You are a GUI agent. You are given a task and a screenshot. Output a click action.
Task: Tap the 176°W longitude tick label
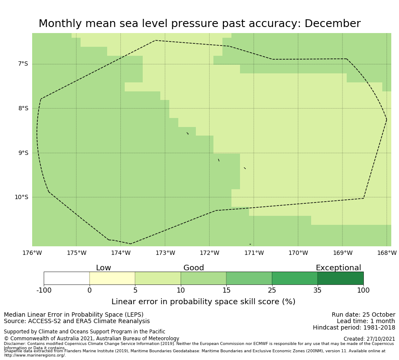[32, 253]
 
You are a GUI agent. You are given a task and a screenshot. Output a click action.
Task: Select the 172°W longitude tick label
[210, 253]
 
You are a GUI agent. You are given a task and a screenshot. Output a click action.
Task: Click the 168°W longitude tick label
[387, 253]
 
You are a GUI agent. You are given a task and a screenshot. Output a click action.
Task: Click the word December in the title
[333, 24]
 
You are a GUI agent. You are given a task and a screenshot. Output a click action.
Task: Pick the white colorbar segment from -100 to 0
[66, 278]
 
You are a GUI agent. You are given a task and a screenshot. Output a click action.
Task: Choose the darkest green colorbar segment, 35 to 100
[340, 278]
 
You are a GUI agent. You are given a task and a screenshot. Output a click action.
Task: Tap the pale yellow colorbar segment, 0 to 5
[112, 278]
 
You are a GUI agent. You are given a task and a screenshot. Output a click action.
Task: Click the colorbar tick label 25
[272, 290]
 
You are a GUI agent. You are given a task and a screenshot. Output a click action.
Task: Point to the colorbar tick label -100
[44, 290]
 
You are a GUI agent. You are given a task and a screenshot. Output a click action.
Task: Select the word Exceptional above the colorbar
[338, 268]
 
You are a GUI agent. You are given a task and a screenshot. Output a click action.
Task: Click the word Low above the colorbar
[103, 268]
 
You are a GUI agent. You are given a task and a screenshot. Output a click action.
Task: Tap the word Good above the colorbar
[194, 268]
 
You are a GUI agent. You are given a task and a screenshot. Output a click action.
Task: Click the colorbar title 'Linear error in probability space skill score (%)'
[203, 302]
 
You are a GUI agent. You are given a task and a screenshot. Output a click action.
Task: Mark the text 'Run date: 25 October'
[363, 315]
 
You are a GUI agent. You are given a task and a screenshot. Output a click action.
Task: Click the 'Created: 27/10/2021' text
[369, 339]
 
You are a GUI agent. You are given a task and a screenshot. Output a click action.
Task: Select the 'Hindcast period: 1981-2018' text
[354, 328]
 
